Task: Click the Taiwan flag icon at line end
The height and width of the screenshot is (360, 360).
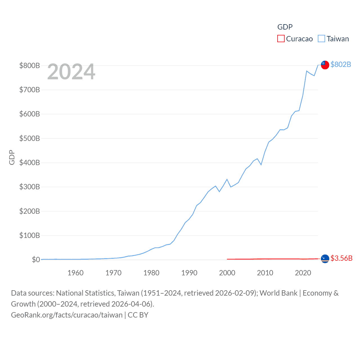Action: [325, 65]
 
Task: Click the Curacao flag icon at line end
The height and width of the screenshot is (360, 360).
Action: [325, 258]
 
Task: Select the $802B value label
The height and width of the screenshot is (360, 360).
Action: [341, 64]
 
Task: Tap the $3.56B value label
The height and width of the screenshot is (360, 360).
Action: [341, 258]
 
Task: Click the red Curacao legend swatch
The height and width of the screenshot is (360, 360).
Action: [281, 39]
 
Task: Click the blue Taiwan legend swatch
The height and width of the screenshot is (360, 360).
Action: [321, 39]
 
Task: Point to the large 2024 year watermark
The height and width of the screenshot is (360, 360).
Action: [71, 72]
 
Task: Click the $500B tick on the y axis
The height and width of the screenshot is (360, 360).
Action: [30, 138]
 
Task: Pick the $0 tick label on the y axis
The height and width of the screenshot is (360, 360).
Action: [36, 260]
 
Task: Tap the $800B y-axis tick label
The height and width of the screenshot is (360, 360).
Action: [30, 66]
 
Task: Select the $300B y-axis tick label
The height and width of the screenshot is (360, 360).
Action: [30, 187]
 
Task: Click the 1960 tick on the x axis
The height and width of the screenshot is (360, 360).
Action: [75, 273]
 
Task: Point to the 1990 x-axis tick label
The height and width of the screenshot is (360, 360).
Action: [189, 273]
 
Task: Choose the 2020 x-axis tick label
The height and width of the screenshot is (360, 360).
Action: [303, 273]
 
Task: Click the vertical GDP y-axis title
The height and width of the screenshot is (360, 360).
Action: [12, 157]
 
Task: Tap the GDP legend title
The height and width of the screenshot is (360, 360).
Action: [285, 27]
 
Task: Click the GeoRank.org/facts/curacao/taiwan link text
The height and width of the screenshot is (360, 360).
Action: [67, 315]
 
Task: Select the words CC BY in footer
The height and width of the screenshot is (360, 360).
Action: [138, 315]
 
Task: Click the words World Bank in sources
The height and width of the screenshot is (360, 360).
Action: [278, 293]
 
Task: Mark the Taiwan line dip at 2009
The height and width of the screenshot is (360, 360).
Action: [261, 165]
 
